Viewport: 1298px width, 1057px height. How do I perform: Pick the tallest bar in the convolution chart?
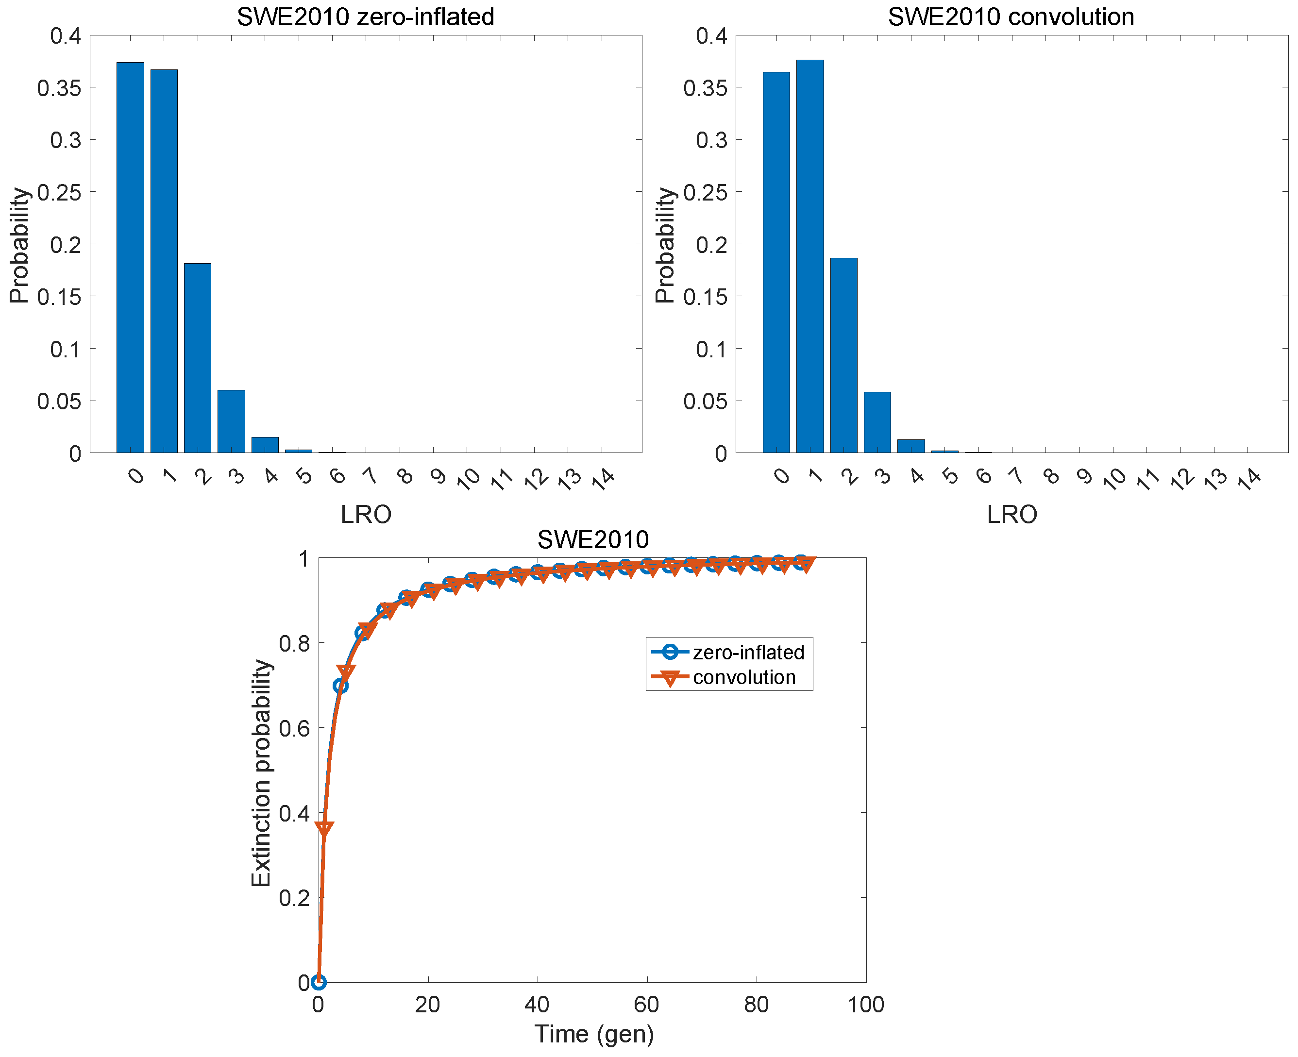809,256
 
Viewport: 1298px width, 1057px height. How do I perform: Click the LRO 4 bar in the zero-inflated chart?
265,445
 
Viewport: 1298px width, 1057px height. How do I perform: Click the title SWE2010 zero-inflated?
365,17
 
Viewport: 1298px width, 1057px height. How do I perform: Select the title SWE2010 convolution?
1011,17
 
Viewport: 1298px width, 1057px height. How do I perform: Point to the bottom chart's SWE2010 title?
593,539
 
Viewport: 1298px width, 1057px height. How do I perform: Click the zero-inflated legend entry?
748,652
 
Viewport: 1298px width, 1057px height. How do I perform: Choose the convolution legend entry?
744,677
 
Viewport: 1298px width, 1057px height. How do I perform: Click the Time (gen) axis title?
593,1034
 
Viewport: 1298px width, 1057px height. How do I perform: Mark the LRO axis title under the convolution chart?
1012,515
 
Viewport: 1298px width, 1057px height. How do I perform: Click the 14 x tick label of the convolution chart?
1249,479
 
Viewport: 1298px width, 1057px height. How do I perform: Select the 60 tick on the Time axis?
646,1004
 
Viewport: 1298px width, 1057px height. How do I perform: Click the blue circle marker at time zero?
319,982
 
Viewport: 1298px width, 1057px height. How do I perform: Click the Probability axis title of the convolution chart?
665,245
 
